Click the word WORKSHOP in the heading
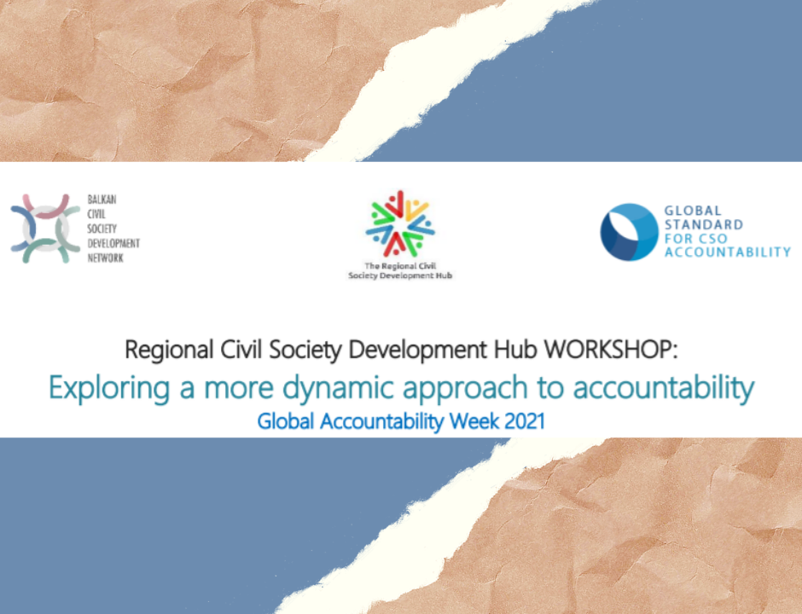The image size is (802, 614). (x=610, y=350)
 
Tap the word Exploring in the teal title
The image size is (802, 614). (x=109, y=388)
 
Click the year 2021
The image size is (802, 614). (x=525, y=420)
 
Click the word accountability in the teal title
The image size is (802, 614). (x=664, y=388)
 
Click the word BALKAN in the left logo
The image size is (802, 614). (x=102, y=200)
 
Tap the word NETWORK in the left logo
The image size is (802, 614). (x=105, y=258)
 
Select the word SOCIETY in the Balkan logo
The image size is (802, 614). (x=102, y=229)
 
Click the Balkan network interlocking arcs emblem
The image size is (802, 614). (x=45, y=229)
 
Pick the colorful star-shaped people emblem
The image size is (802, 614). (x=400, y=223)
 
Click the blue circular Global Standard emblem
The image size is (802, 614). (x=629, y=232)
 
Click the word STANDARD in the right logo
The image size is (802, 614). (x=703, y=224)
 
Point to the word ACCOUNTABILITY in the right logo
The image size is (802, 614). (x=727, y=252)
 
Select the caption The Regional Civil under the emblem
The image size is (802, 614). (x=400, y=266)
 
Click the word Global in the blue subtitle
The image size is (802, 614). (x=286, y=420)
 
